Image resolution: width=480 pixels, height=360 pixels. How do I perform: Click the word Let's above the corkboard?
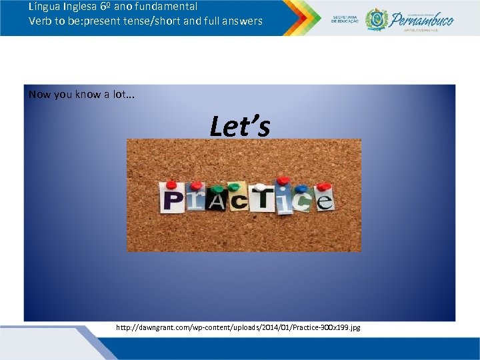pyautogui.click(x=239, y=126)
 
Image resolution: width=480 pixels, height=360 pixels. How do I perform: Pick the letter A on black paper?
pyautogui.click(x=216, y=201)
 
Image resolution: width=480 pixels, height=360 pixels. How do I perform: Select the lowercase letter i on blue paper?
pyautogui.click(x=285, y=199)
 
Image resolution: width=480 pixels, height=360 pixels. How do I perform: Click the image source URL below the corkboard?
pyautogui.click(x=238, y=328)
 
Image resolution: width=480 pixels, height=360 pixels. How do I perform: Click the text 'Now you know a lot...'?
pyautogui.click(x=81, y=94)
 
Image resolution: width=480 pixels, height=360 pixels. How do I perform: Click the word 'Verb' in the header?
pyautogui.click(x=41, y=21)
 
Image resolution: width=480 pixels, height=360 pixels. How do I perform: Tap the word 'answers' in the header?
pyautogui.click(x=243, y=21)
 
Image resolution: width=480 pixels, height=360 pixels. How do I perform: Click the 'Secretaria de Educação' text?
pyautogui.click(x=345, y=19)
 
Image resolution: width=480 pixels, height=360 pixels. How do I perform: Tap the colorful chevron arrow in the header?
pyautogui.click(x=301, y=18)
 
